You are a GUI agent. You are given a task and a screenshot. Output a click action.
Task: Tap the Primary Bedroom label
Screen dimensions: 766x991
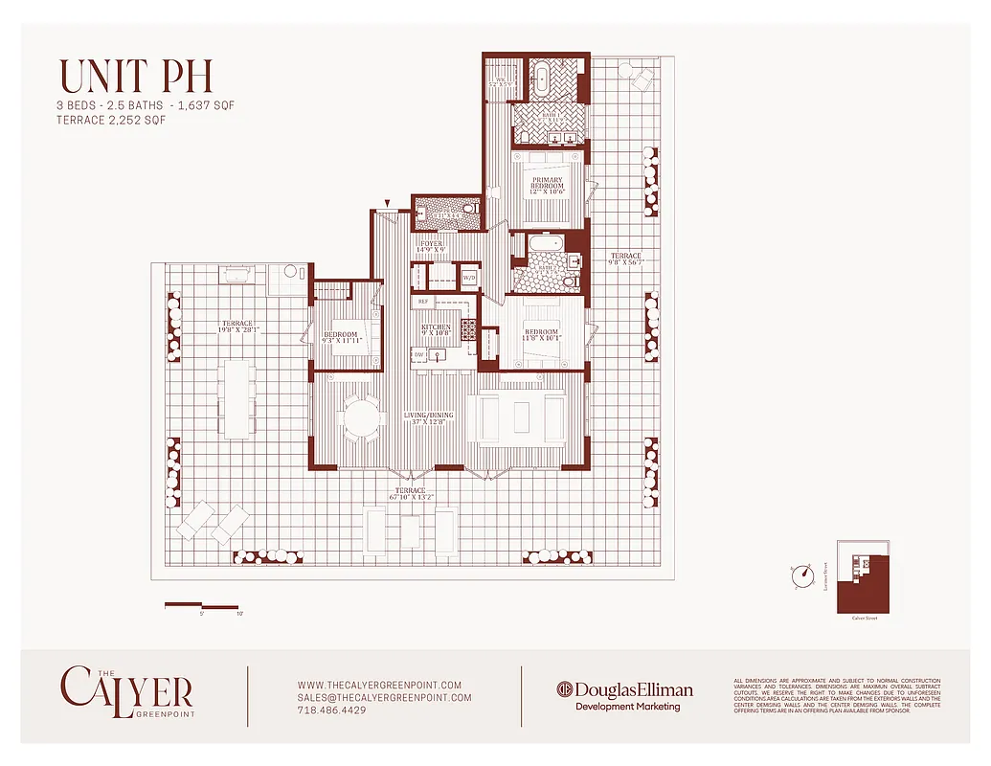(548, 186)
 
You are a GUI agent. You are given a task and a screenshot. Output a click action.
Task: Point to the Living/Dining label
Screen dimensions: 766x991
(430, 419)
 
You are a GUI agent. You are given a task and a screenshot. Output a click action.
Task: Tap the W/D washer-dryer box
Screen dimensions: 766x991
(469, 278)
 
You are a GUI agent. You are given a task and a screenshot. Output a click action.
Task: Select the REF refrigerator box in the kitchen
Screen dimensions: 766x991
(423, 302)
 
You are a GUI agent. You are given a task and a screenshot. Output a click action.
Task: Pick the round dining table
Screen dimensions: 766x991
(361, 418)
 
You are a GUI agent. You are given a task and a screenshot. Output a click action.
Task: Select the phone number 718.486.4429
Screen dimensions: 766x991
(331, 710)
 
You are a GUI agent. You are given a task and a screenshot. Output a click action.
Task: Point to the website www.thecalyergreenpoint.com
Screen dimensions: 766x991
(379, 685)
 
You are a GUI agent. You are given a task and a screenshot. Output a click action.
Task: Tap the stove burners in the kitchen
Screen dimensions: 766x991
(468, 329)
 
